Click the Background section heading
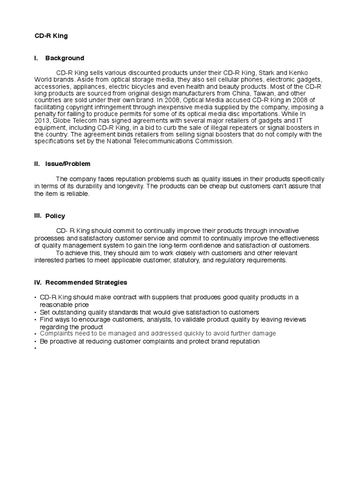tap(65, 58)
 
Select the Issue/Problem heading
tap(67, 164)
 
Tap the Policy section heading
tap(55, 216)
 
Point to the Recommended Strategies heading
tap(86, 283)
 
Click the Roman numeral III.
tap(38, 216)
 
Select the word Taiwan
tap(255, 93)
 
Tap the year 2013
tap(42, 121)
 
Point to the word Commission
tap(210, 141)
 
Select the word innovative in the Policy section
tap(282, 231)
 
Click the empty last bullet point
tap(35, 349)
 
